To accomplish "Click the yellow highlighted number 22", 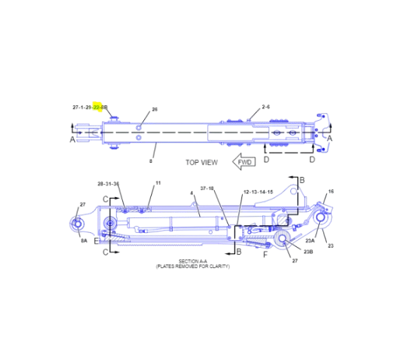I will (x=97, y=107).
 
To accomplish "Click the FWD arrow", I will (x=245, y=162).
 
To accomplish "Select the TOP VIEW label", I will (x=201, y=163).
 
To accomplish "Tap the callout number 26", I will (x=154, y=110).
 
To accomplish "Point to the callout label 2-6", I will (x=265, y=107).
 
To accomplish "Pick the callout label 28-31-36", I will (x=108, y=184).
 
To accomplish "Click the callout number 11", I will (x=157, y=183).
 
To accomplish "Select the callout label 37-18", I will (x=207, y=189).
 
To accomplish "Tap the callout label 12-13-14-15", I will (x=258, y=190).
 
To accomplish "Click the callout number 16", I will (x=330, y=192).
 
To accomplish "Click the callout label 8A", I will (x=83, y=242).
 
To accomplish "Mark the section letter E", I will (x=96, y=240).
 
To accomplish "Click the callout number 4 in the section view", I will (x=191, y=193).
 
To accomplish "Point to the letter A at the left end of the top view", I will (x=72, y=139).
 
